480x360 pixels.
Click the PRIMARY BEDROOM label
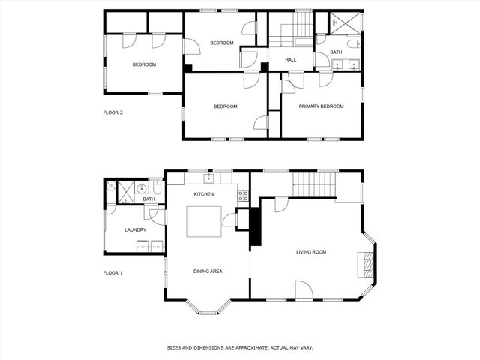tap(321, 106)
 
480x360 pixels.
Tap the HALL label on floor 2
tap(291, 59)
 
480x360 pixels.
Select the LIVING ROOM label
tap(311, 252)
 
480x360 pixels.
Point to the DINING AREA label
tap(208, 271)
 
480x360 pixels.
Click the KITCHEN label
tap(204, 194)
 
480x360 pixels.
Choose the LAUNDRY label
tap(135, 230)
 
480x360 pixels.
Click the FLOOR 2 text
tap(112, 112)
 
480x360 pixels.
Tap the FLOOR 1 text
tap(112, 272)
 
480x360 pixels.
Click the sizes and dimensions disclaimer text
tap(239, 348)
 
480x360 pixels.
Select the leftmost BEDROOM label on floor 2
tap(144, 64)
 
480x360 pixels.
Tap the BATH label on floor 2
tap(336, 52)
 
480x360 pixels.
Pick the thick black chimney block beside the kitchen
tap(255, 226)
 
